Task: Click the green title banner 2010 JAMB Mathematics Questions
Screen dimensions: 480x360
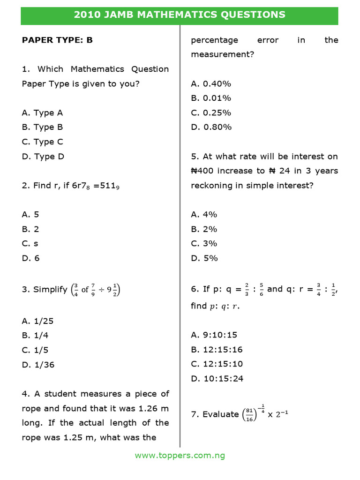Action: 180,15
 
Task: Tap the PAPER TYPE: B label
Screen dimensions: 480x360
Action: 57,40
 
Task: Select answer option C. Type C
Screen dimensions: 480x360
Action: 43,142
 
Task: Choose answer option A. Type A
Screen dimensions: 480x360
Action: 42,113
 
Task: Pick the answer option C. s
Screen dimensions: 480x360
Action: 30,244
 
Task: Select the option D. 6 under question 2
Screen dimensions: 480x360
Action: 30,258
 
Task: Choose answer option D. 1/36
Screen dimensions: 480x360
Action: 38,365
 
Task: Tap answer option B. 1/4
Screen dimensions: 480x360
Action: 35,336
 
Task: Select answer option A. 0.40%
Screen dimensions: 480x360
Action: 211,84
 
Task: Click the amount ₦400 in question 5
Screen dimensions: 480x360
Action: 206,171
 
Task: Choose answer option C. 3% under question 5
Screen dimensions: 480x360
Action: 204,244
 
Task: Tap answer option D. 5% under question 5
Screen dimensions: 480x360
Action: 204,258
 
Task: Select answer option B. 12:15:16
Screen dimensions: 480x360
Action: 217,350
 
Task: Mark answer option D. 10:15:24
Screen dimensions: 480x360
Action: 217,379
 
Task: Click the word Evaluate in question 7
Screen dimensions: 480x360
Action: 221,414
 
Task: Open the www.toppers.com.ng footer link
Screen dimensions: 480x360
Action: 180,455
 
